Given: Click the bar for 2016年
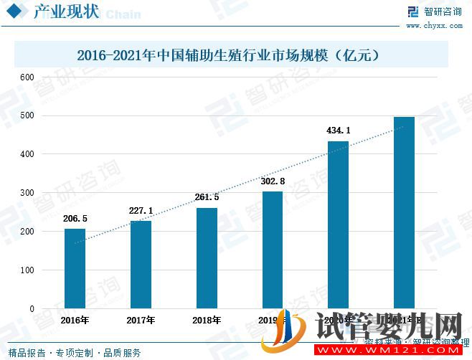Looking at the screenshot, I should coord(75,268).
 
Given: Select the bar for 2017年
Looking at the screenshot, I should coord(141,265).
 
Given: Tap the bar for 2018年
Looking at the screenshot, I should coord(207,258).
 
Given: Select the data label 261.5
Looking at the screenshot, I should coord(207,198).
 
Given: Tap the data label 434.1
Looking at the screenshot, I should coord(339,131).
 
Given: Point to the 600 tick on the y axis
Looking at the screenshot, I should coord(27,77).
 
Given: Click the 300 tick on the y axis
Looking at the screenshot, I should coord(27,193).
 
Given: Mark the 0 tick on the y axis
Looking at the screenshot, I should coord(31,309).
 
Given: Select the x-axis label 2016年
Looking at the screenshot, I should coord(75,320).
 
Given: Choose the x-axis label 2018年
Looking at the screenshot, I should coord(207,320).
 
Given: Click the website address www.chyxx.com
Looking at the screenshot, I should coord(433,26).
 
